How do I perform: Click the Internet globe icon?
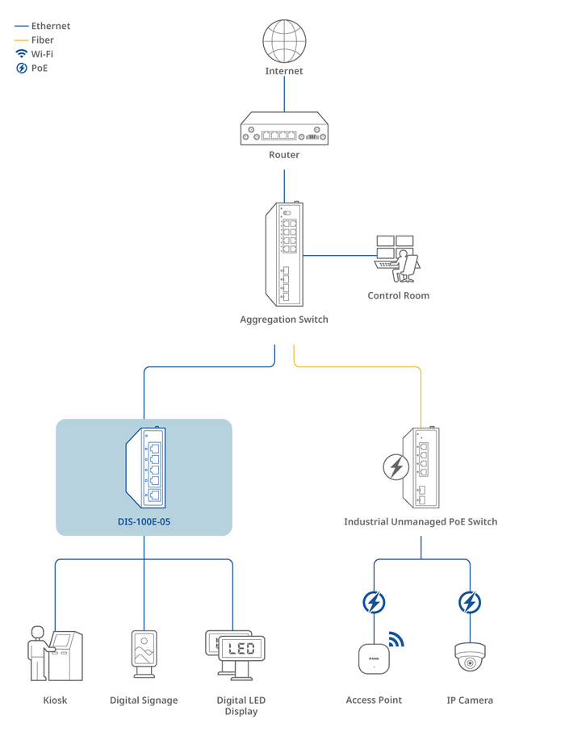(x=284, y=40)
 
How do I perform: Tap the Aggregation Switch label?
(x=284, y=320)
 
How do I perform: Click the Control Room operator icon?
(x=398, y=257)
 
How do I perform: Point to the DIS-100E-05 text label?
(x=144, y=522)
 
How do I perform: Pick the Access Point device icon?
(x=374, y=658)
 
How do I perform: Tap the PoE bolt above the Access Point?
(x=374, y=602)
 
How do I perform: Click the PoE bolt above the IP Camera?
(x=470, y=602)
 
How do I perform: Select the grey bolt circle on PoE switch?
(x=395, y=467)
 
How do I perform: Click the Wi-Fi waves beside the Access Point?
(x=395, y=640)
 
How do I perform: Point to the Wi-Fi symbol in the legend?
(x=22, y=54)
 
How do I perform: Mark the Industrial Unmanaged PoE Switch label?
(x=421, y=522)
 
